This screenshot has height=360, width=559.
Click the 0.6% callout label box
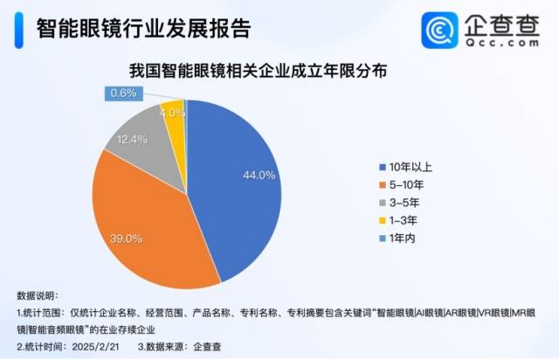click(x=124, y=93)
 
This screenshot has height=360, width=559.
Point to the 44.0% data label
click(x=259, y=175)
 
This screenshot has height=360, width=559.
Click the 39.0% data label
click(x=126, y=239)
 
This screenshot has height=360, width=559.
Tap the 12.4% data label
click(x=132, y=140)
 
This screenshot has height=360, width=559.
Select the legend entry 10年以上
click(x=405, y=167)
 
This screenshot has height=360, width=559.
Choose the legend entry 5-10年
click(x=402, y=185)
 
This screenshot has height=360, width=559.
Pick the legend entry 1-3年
click(x=398, y=220)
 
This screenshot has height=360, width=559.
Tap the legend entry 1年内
click(x=397, y=239)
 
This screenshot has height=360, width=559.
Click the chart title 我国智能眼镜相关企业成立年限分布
click(x=259, y=71)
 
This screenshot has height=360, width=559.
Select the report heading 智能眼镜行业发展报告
click(x=143, y=28)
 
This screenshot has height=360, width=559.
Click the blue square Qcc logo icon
click(x=439, y=31)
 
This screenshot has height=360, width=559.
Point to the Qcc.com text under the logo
click(x=502, y=43)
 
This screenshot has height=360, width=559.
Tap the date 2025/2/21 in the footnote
click(x=95, y=346)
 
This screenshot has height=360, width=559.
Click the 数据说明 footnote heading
click(x=38, y=295)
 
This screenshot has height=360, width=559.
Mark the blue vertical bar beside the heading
click(x=19, y=30)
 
